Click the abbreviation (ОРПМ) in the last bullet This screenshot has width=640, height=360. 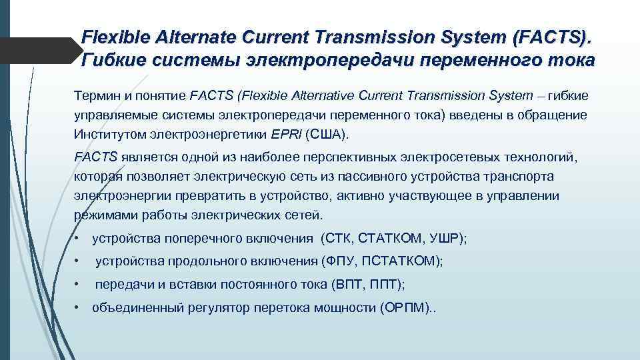tap(402, 308)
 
